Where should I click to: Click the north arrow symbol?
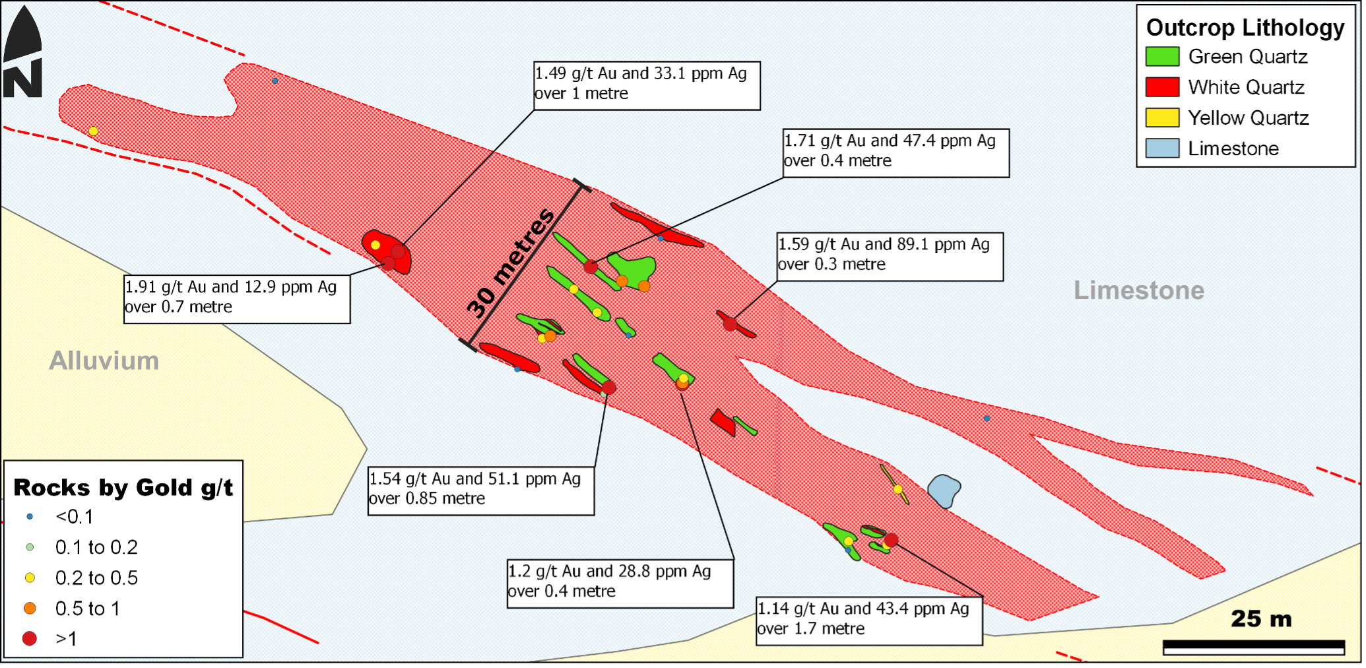click(22, 53)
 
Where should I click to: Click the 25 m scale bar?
click(1253, 646)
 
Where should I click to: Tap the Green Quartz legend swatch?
click(1162, 57)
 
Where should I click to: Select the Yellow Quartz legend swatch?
click(1162, 118)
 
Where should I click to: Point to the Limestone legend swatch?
click(1162, 149)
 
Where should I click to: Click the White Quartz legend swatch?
click(1162, 87)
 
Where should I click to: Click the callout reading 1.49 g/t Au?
click(646, 85)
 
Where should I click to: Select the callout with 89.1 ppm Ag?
click(890, 256)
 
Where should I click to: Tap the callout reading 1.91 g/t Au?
click(237, 299)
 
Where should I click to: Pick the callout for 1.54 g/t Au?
click(480, 490)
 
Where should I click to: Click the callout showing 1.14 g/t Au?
click(868, 620)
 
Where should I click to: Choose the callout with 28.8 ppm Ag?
click(620, 583)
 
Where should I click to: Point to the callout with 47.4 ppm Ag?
click(895, 152)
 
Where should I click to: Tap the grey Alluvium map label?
click(104, 361)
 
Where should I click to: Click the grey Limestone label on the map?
click(1138, 290)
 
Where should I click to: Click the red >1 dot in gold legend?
click(30, 638)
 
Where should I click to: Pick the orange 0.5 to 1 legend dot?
click(30, 608)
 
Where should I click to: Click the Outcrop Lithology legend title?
click(1245, 28)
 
